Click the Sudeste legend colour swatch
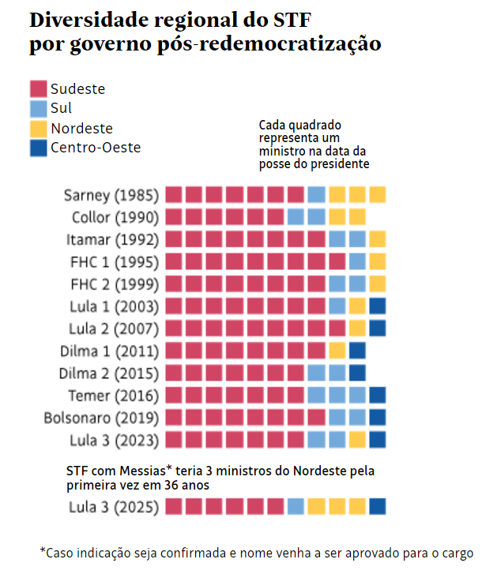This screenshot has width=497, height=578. point(38,88)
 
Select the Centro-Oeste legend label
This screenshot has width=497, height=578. point(96,147)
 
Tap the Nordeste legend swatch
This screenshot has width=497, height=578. point(38,128)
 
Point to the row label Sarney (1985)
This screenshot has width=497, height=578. point(111,195)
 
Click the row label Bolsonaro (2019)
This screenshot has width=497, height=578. point(101,418)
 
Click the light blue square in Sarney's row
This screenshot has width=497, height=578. point(316,194)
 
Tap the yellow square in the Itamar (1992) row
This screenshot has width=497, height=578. point(377,239)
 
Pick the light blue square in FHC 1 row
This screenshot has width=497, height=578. point(357,261)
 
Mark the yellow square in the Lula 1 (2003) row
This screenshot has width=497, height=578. point(357,306)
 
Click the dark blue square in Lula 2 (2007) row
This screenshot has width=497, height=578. point(377,328)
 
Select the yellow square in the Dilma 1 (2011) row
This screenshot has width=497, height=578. point(337,350)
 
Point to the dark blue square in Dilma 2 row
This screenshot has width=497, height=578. point(357,373)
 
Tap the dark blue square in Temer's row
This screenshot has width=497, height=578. point(377,395)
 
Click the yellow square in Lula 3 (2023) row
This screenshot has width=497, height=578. point(357,439)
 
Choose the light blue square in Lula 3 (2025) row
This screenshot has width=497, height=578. point(296,507)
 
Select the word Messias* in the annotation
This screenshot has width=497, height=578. point(141,471)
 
